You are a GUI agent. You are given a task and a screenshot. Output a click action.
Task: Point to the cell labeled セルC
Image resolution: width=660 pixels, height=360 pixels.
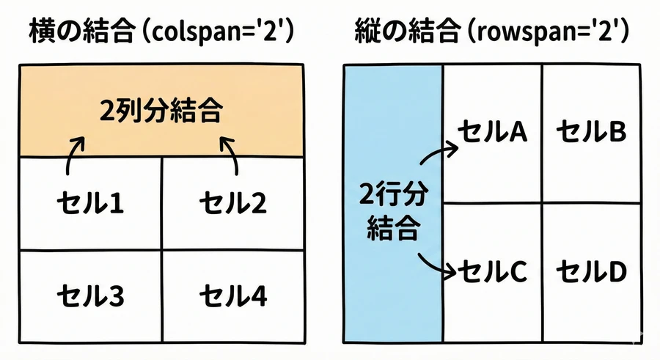coord(492,273)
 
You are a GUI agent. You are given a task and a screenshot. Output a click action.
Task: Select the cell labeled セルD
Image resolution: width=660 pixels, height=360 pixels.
coord(591,273)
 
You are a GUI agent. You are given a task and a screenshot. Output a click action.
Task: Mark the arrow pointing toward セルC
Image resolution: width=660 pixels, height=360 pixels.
coord(439,265)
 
